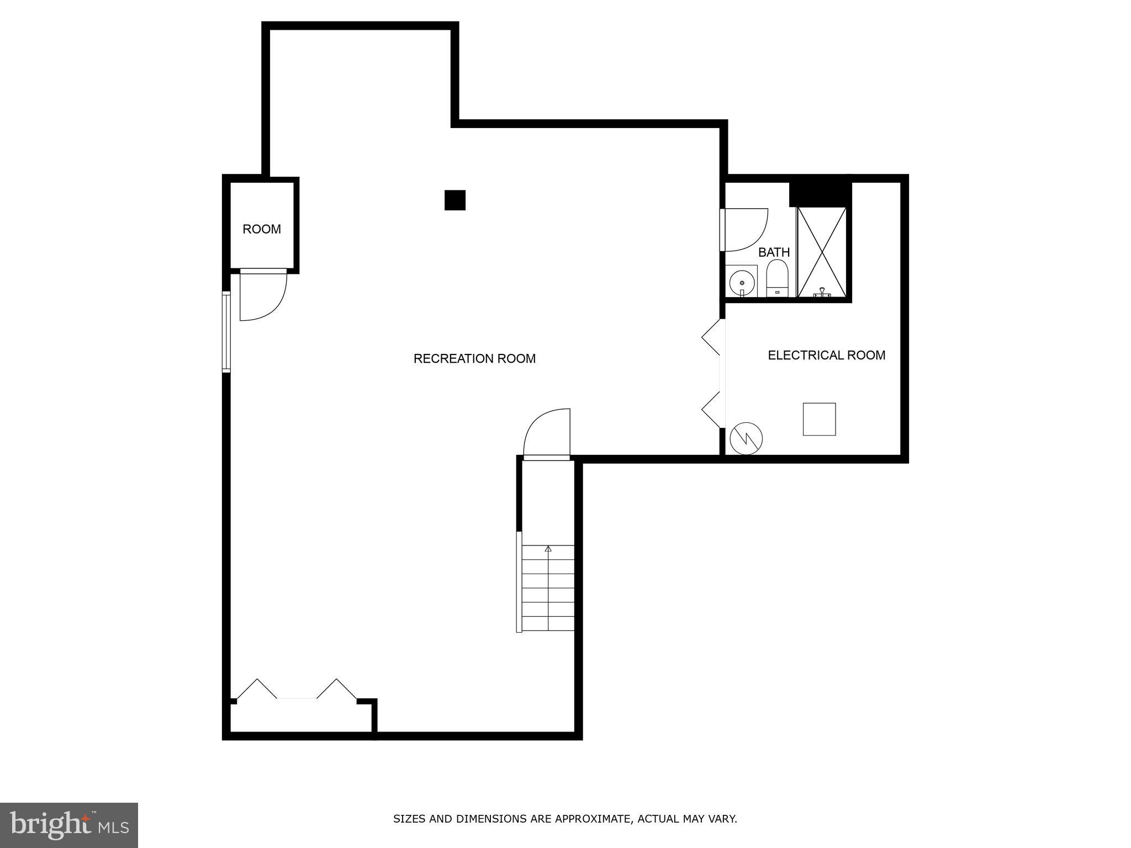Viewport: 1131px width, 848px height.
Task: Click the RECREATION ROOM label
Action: (x=474, y=359)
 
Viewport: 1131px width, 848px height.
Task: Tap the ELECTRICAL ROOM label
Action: (x=826, y=355)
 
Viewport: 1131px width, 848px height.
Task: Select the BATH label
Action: (x=774, y=252)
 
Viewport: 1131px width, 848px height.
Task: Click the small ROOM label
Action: (x=262, y=229)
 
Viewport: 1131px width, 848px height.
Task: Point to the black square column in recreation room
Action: (x=455, y=200)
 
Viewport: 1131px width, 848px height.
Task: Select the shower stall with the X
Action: (x=822, y=252)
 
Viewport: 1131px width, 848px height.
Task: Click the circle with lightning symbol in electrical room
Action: (x=746, y=439)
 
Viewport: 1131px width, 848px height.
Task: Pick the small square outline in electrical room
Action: (x=819, y=419)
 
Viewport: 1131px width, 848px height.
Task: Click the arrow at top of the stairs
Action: (x=548, y=549)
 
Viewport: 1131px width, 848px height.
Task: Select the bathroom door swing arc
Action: (x=746, y=229)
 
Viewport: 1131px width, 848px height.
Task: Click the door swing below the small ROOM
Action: (x=263, y=295)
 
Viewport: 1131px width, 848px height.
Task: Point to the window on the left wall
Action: (x=226, y=331)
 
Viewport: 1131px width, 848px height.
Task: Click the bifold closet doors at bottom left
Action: (x=297, y=690)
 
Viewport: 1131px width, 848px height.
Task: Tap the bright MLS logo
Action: (x=69, y=825)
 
